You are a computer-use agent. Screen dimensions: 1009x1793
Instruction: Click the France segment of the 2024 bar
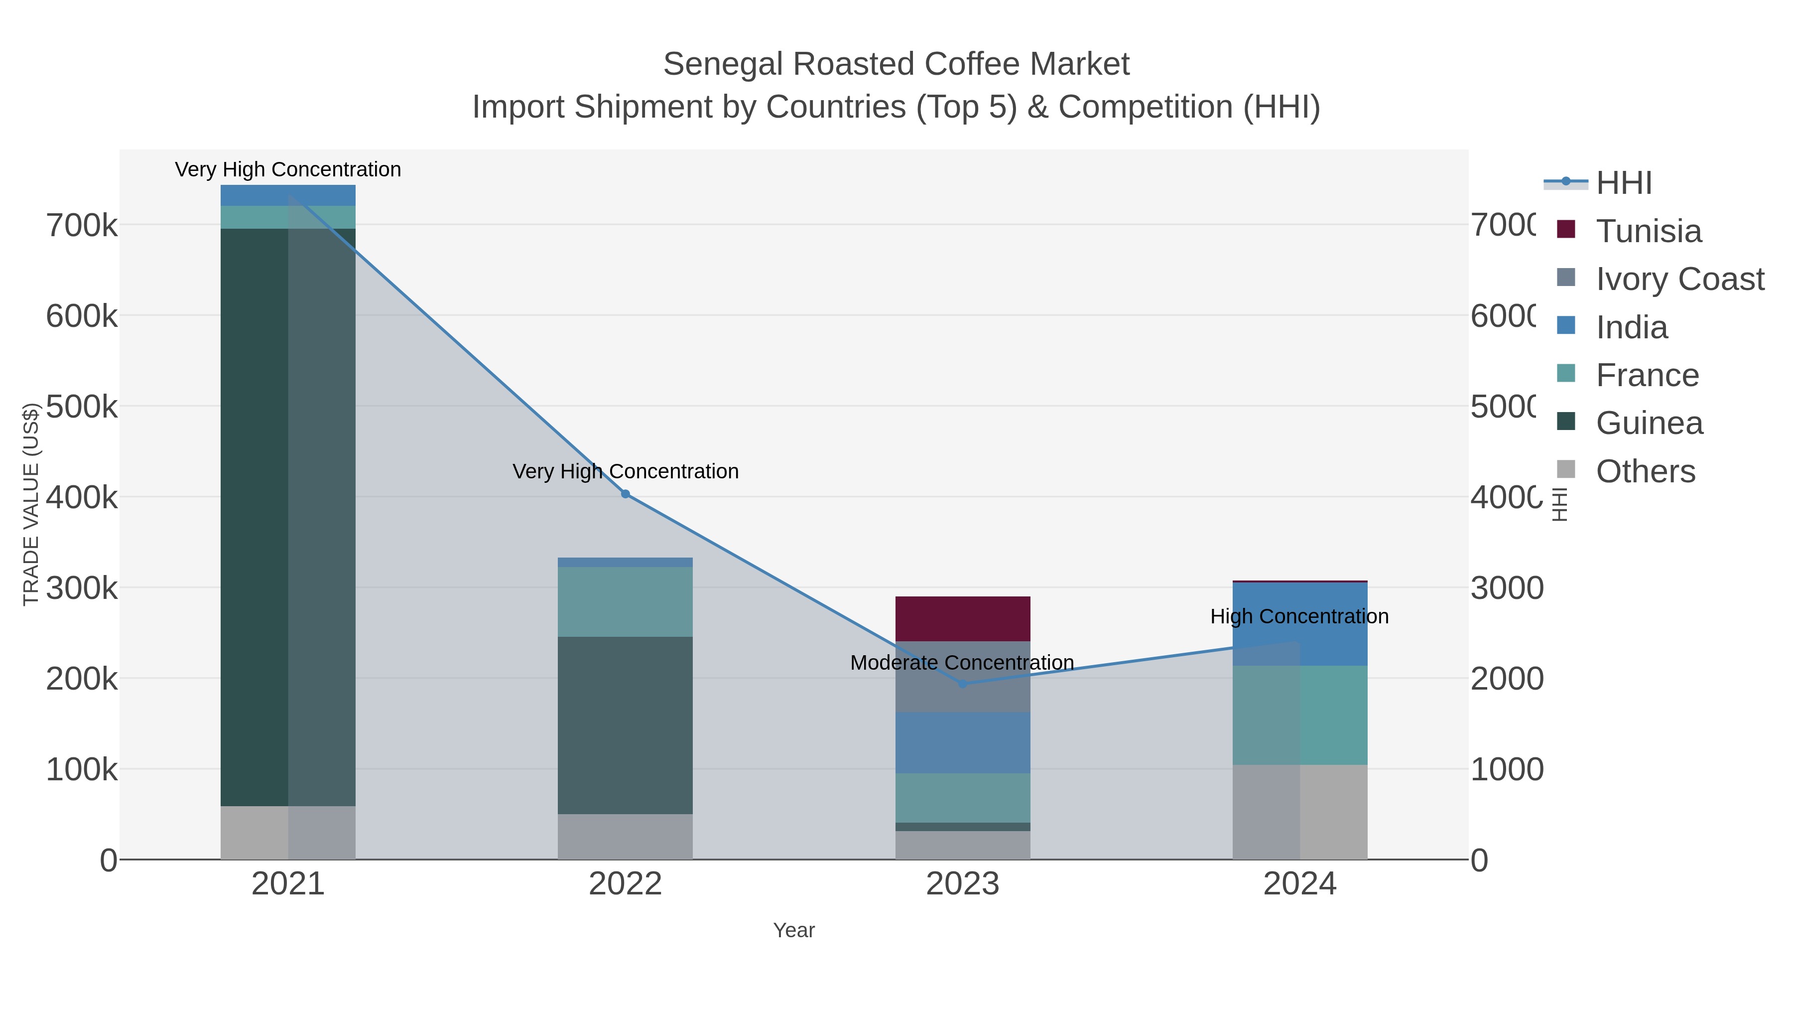click(1299, 715)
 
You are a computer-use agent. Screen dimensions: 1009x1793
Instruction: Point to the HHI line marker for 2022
click(625, 494)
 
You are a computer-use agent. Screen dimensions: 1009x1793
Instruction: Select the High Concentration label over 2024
click(1299, 616)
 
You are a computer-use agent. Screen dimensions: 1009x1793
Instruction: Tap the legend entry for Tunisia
click(1648, 231)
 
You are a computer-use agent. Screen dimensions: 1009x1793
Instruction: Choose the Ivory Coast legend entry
click(1679, 279)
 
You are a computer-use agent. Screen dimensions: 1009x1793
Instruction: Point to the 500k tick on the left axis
click(82, 407)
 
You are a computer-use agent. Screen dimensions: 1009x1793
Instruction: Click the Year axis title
click(793, 930)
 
